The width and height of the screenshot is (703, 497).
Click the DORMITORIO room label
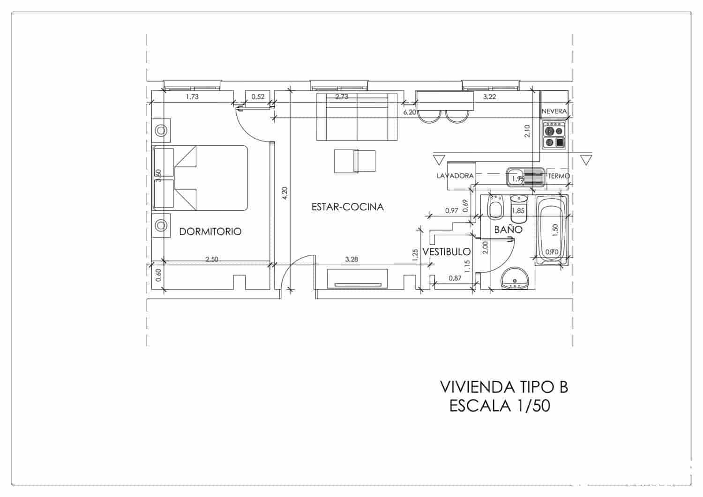pyautogui.click(x=210, y=231)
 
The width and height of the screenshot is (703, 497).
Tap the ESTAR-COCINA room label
pyautogui.click(x=347, y=207)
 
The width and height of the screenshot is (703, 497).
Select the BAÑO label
pyautogui.click(x=508, y=230)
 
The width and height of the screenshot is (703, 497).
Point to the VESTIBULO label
pyautogui.click(x=446, y=252)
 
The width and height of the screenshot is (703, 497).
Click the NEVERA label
pyautogui.click(x=554, y=111)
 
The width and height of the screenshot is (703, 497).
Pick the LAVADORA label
pyautogui.click(x=455, y=176)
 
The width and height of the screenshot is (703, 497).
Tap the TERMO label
pyautogui.click(x=559, y=176)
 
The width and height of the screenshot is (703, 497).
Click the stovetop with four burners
pyautogui.click(x=554, y=135)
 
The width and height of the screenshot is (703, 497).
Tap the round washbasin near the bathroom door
pyautogui.click(x=515, y=280)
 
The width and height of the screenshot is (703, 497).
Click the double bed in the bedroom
pyautogui.click(x=200, y=178)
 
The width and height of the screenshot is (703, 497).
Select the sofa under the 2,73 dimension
pyautogui.click(x=357, y=117)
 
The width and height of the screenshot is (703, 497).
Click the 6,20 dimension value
pyautogui.click(x=409, y=112)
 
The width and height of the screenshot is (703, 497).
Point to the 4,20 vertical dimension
pyautogui.click(x=284, y=194)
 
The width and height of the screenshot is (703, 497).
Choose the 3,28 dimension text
pyautogui.click(x=351, y=259)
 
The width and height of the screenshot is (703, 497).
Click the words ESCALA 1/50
pyautogui.click(x=500, y=406)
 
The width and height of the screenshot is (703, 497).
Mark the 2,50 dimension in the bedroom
pyautogui.click(x=212, y=259)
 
